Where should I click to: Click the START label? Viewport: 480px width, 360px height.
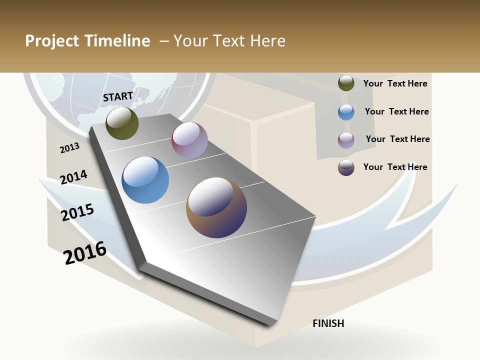(x=118, y=96)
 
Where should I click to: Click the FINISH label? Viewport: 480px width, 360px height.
(x=328, y=323)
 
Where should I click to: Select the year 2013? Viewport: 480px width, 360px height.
(x=70, y=147)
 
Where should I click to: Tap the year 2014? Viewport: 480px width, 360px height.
(x=74, y=177)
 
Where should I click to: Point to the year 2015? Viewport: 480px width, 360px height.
(x=77, y=212)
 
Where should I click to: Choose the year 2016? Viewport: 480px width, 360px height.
(x=85, y=252)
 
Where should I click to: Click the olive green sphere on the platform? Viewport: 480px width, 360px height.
(x=122, y=123)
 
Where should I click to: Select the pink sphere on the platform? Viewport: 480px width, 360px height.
(x=189, y=140)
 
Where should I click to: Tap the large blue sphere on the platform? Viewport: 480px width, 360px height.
(x=145, y=180)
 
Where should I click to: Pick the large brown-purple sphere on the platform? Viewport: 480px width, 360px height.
(x=216, y=207)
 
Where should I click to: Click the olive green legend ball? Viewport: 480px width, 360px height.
(x=346, y=83)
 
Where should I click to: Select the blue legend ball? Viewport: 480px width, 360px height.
(x=346, y=112)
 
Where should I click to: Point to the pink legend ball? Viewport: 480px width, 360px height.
(x=346, y=140)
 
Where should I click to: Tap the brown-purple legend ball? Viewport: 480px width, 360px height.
(x=346, y=167)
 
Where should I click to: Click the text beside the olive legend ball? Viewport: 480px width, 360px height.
(x=395, y=83)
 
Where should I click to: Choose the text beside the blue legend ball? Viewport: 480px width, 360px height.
(x=396, y=111)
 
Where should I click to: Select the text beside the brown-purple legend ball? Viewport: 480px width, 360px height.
(x=395, y=167)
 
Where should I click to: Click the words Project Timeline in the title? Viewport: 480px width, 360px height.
(x=87, y=41)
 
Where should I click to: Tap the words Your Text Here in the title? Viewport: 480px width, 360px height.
(x=229, y=41)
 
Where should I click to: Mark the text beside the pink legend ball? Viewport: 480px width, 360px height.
(x=397, y=139)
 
